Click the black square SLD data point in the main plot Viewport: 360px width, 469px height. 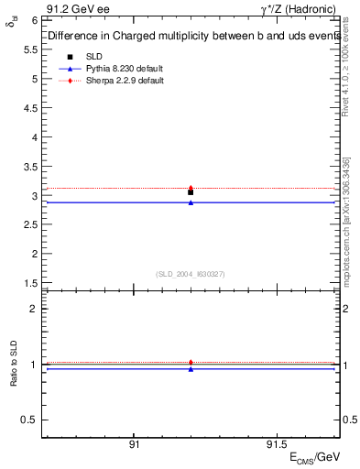(x=191, y=192)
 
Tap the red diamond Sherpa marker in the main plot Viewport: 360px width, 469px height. (x=191, y=187)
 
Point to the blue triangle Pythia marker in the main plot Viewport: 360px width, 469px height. (x=191, y=202)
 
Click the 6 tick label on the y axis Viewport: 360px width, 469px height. (x=33, y=19)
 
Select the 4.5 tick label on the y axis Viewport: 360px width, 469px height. (x=29, y=108)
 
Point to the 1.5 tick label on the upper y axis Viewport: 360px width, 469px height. (x=29, y=284)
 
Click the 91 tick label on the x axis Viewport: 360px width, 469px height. (x=134, y=444)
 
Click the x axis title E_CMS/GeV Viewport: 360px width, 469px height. (x=315, y=456)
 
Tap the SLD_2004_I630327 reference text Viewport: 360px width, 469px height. (x=191, y=273)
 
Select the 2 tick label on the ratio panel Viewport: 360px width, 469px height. (x=33, y=309)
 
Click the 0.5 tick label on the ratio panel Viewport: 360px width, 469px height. (x=29, y=420)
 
